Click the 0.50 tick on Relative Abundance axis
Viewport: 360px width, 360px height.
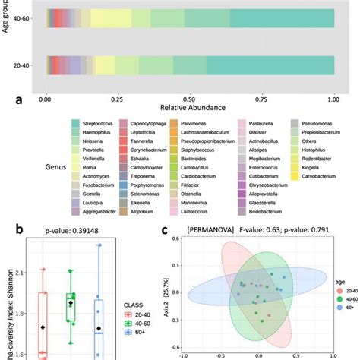click(190, 99)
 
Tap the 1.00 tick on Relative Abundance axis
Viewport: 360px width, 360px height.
click(334, 99)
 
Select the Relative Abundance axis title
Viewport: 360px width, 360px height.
click(190, 109)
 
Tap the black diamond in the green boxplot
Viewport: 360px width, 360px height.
click(71, 303)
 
